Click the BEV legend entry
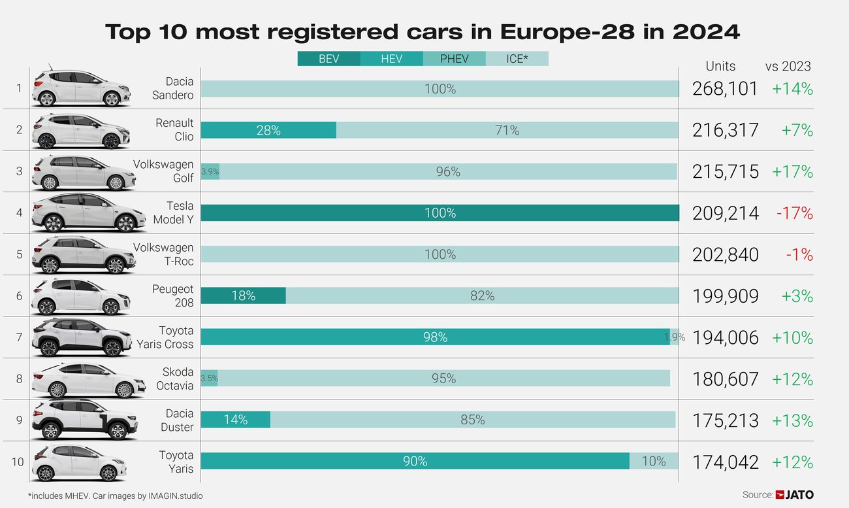pos(328,59)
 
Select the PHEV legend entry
pos(454,59)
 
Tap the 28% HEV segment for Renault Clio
pos(268,130)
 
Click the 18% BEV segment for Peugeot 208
pos(243,296)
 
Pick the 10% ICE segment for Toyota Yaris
pos(653,461)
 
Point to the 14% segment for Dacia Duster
pos(235,420)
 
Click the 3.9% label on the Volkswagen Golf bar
pos(210,172)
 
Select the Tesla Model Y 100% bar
pos(440,213)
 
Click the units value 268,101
pos(725,89)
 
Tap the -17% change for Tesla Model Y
pos(794,213)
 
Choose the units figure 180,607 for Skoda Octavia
pos(725,379)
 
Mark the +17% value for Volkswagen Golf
pos(792,172)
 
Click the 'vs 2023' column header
pos(788,66)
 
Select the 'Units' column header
pos(720,66)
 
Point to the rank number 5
pos(19,254)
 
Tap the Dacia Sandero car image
pos(81,88)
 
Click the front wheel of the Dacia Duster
pos(118,431)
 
